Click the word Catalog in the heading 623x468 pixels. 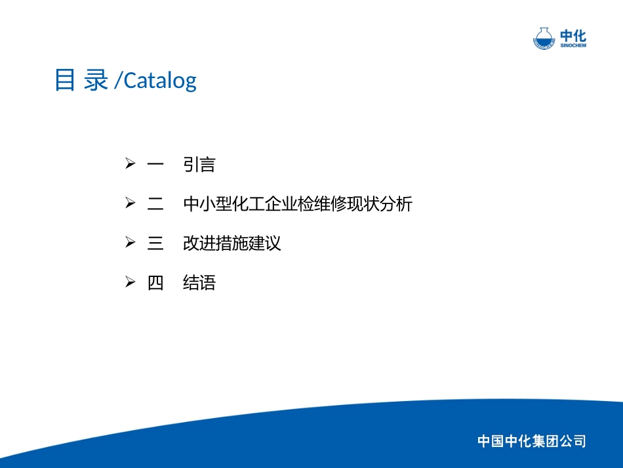160,81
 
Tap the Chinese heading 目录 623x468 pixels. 81,80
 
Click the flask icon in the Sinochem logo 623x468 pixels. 544,38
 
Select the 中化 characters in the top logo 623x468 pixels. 573,35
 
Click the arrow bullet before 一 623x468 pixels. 130,164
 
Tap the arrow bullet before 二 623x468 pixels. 130,203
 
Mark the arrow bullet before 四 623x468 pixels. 130,283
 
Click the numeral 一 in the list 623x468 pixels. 155,165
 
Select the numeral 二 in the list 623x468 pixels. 155,204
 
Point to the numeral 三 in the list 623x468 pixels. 155,244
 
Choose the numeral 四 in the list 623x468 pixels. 155,284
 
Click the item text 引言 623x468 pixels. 199,165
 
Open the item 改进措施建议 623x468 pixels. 232,244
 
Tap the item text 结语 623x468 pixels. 199,284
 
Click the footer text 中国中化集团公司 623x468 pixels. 531,441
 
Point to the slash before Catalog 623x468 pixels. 117,81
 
